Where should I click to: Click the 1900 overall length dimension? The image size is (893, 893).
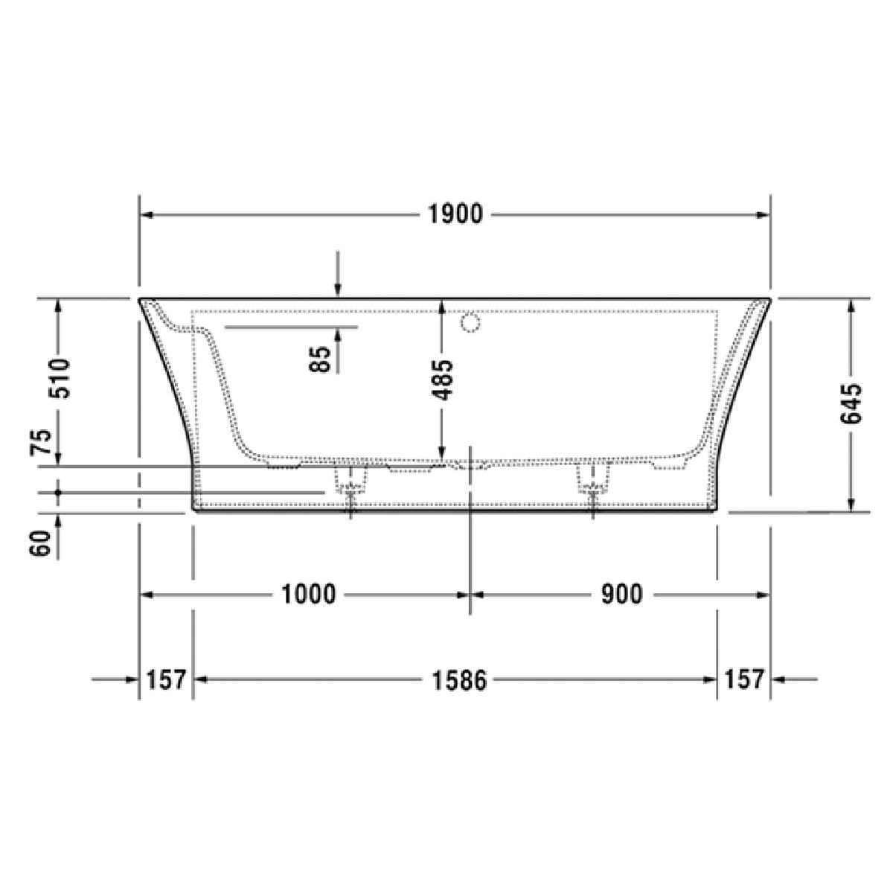(455, 214)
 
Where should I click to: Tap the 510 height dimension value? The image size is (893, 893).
(60, 378)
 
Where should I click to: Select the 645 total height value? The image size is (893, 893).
(851, 403)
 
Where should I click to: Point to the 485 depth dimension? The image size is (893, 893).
(441, 380)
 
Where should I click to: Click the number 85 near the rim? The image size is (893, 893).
(320, 359)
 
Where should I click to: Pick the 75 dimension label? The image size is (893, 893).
(40, 443)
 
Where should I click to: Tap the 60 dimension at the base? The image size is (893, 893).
(40, 543)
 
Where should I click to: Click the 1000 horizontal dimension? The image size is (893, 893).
(308, 595)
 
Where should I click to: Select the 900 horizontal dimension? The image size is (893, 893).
(622, 595)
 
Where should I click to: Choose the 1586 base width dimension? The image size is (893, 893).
(459, 681)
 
